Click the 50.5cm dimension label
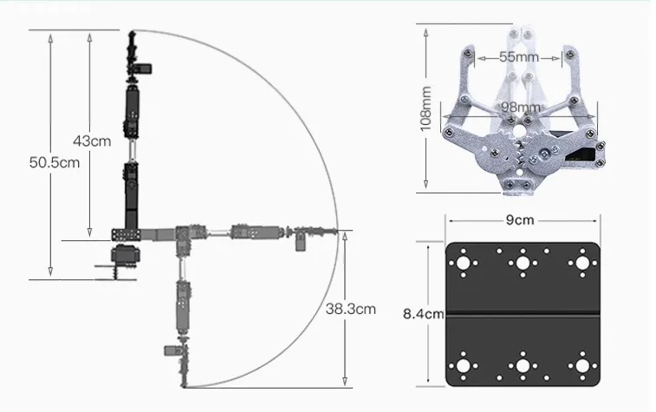(55, 162)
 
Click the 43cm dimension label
(92, 141)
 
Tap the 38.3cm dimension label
(351, 309)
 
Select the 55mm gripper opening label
(519, 56)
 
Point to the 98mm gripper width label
(521, 108)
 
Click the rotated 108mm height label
(425, 108)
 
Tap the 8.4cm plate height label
(424, 314)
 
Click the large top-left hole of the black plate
(463, 264)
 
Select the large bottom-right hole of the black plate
(582, 366)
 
